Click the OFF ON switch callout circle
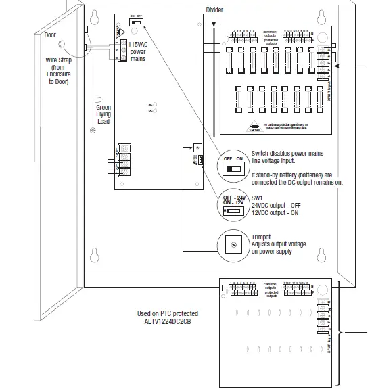click(233, 166)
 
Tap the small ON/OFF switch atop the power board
click(137, 22)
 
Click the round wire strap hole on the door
click(63, 45)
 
